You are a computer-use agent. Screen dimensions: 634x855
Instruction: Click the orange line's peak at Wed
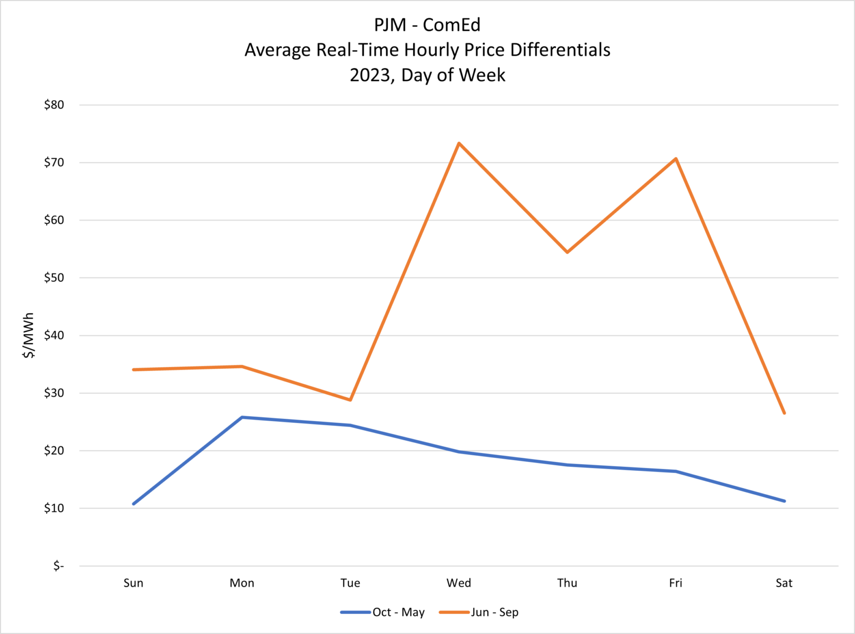(459, 144)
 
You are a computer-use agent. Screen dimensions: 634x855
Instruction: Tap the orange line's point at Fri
(676, 159)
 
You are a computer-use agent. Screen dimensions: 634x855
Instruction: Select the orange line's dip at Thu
(567, 252)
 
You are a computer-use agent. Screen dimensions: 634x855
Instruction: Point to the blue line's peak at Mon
(242, 417)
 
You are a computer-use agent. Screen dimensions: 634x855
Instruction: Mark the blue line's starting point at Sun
(134, 504)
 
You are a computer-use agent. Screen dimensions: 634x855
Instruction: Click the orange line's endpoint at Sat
(784, 413)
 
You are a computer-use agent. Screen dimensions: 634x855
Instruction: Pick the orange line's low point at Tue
(350, 400)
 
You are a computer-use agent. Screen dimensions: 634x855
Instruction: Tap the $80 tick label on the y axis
(54, 105)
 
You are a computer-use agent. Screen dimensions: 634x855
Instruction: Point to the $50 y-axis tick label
(54, 277)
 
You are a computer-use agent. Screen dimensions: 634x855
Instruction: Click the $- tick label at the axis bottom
(58, 566)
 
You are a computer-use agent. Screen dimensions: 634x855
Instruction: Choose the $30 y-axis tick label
(54, 393)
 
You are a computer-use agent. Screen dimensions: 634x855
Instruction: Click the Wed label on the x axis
(459, 583)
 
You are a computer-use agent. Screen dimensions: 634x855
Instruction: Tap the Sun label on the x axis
(134, 583)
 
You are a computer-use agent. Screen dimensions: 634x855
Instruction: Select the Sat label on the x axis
(784, 583)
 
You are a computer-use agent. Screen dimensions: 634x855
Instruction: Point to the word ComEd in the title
(451, 25)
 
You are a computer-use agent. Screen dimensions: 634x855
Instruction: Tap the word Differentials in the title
(560, 50)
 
